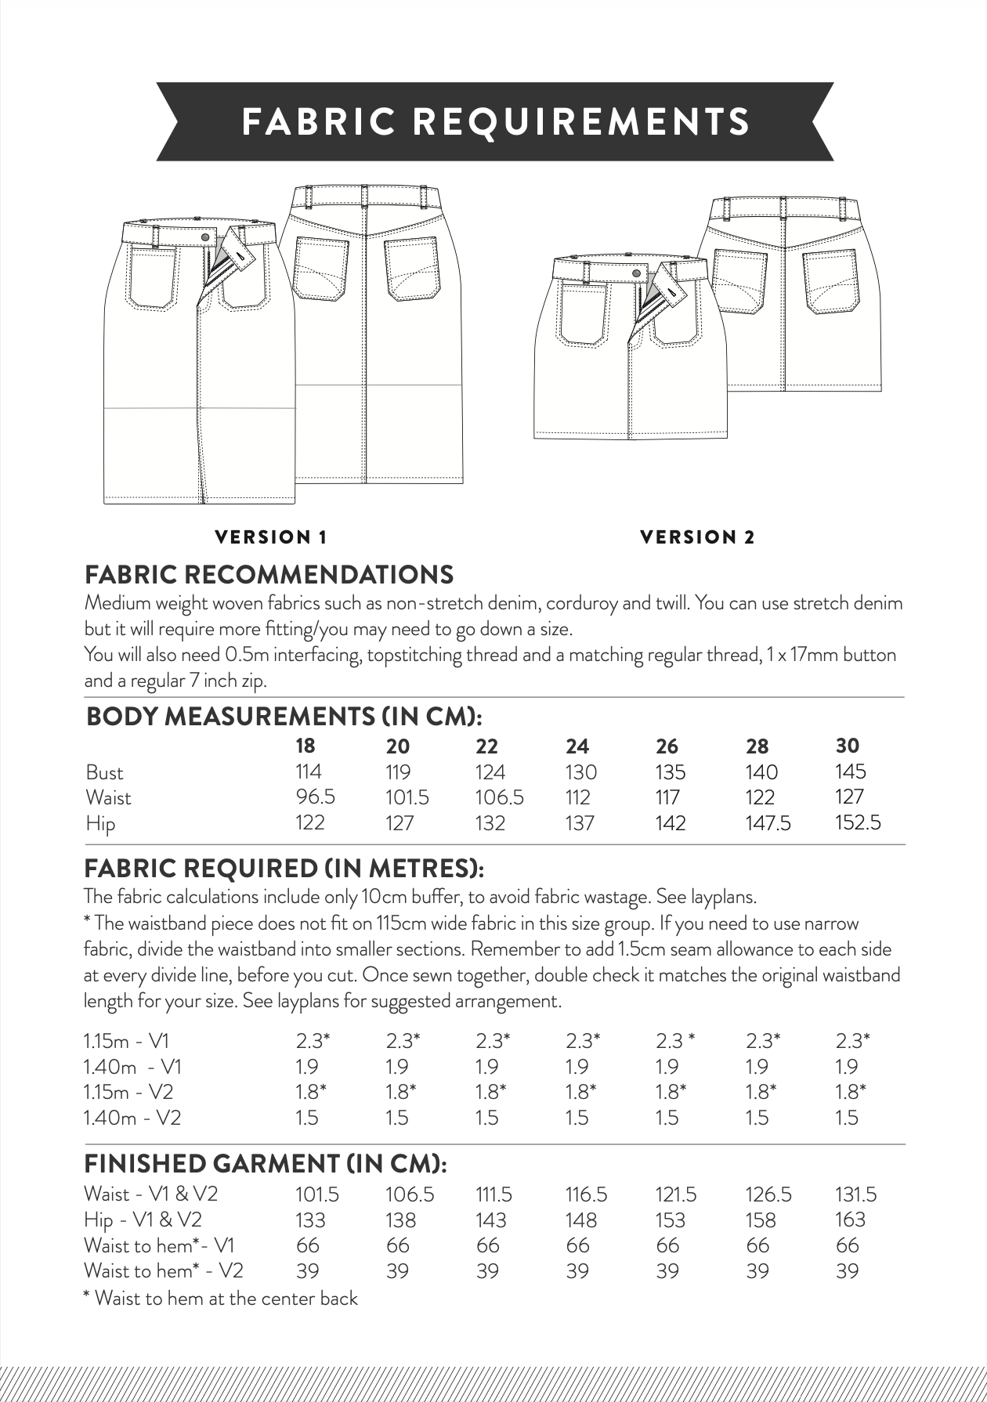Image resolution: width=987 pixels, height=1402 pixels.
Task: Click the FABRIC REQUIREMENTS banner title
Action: pos(496,121)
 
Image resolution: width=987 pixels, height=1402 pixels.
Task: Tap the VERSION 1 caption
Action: pos(270,537)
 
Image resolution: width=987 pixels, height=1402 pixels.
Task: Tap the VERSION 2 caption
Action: pos(697,537)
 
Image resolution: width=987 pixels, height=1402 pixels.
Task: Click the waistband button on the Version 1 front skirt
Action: pos(205,237)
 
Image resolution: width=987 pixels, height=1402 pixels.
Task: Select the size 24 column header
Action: pos(577,746)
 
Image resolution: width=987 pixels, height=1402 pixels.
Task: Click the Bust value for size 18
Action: pos(309,771)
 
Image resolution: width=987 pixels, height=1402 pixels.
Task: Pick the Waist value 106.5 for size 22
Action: pos(499,797)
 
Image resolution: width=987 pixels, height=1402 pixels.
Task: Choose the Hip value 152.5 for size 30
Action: pos(858,822)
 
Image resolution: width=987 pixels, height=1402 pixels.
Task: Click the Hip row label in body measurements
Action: pos(100,824)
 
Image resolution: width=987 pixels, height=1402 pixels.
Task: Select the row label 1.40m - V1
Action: pos(132,1067)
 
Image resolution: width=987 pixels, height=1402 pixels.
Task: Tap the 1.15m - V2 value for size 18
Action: pos(311,1092)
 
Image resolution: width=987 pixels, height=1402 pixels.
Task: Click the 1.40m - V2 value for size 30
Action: pos(847,1118)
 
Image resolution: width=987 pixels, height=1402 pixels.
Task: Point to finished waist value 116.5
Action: pos(586,1194)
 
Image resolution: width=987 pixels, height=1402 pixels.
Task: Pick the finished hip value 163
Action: pos(850,1220)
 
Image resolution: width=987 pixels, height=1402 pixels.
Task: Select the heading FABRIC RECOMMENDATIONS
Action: pos(269,575)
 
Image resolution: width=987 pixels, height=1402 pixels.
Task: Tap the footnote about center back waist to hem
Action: pos(220,1298)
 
